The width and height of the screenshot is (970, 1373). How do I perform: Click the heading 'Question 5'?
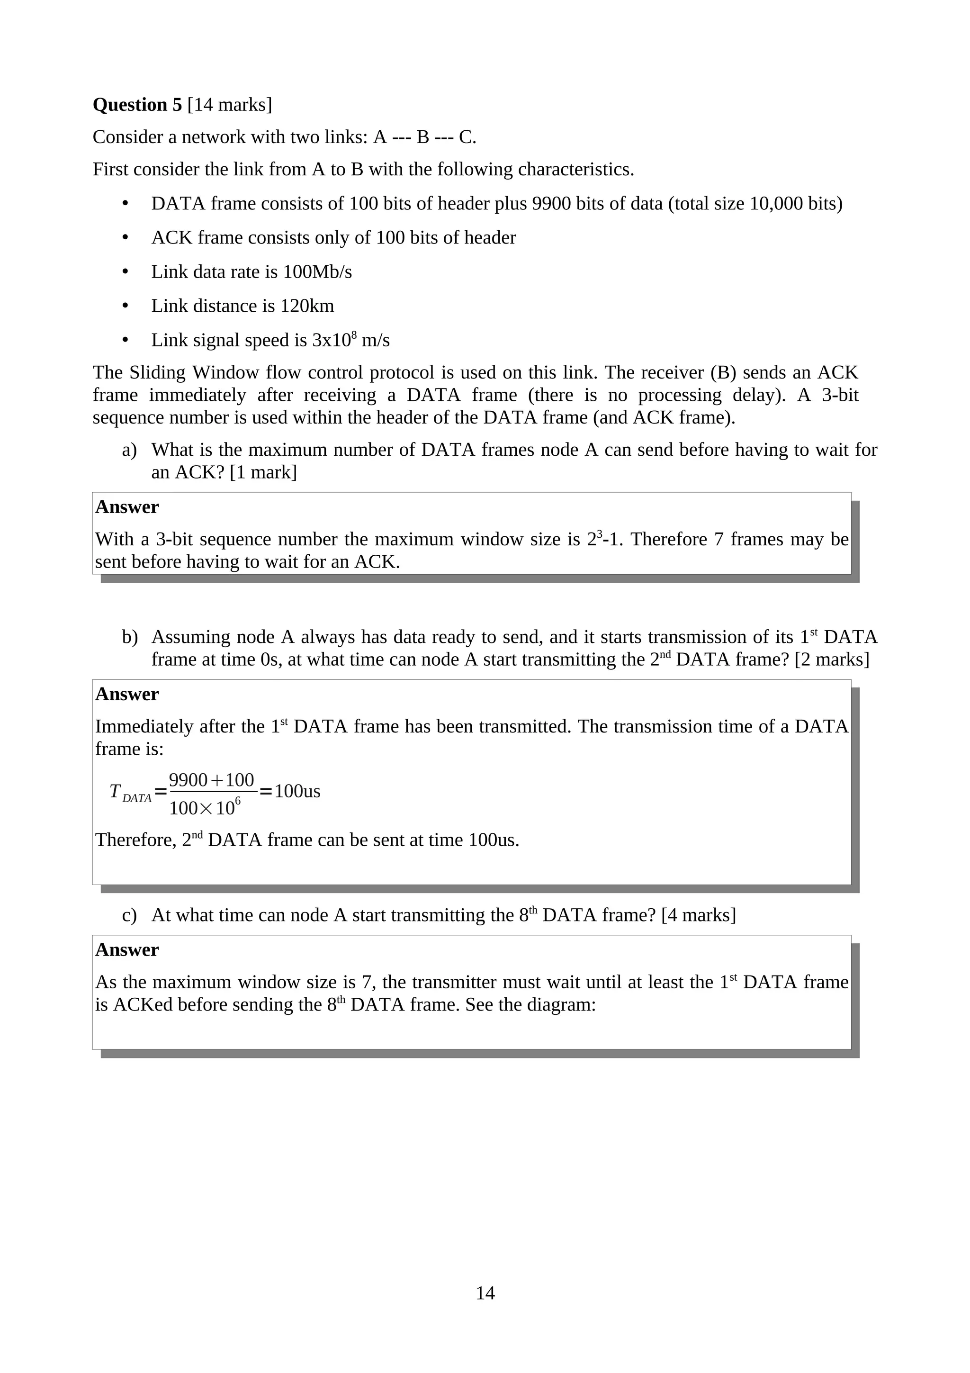pos(137,105)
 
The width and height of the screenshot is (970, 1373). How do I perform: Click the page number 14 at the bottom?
pos(485,1293)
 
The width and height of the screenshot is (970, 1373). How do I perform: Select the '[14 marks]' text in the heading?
pos(230,105)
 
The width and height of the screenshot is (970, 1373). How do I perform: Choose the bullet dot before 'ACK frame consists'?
pos(125,238)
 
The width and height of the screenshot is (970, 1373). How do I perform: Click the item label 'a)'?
pos(129,450)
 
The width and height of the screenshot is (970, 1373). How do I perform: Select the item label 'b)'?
pos(130,637)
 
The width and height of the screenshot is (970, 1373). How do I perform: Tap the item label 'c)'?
pos(129,915)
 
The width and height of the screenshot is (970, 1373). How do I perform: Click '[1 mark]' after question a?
pos(263,472)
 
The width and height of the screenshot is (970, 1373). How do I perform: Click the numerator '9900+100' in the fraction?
pos(212,780)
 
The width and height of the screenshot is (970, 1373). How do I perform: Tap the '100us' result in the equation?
pos(297,792)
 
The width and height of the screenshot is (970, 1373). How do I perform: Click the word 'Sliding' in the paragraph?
pos(157,372)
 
